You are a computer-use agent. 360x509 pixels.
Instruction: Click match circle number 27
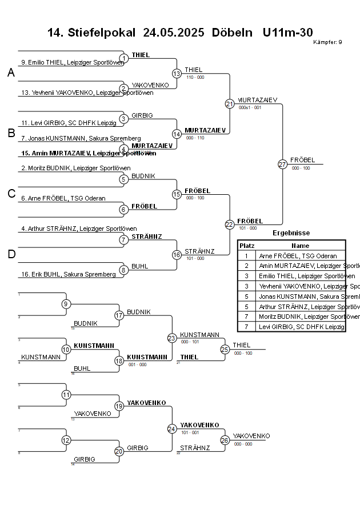pos(282,164)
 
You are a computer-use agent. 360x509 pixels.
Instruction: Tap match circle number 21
pos(230,103)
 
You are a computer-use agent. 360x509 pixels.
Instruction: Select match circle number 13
pos(177,73)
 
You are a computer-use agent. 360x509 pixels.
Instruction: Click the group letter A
pos(11,73)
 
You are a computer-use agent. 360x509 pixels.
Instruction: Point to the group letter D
pos(11,255)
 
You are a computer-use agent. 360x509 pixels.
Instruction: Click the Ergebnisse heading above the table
pos(291,233)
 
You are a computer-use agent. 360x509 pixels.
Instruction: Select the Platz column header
pos(247,245)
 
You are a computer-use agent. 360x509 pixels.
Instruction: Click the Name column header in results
pos(300,245)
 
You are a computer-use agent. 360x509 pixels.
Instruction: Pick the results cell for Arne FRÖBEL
pos(298,256)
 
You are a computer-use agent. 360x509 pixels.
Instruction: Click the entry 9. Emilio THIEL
pos(72,62)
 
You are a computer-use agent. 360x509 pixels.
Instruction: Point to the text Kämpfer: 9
pos(328,42)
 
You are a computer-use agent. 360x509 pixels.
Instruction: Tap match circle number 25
pos(225,349)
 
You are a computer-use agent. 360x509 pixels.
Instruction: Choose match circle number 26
pos(225,440)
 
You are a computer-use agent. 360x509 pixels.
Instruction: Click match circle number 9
pos(66,304)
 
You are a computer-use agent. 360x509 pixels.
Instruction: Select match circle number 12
pos(66,440)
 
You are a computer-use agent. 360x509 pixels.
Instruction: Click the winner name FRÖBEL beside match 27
pos(302,160)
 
